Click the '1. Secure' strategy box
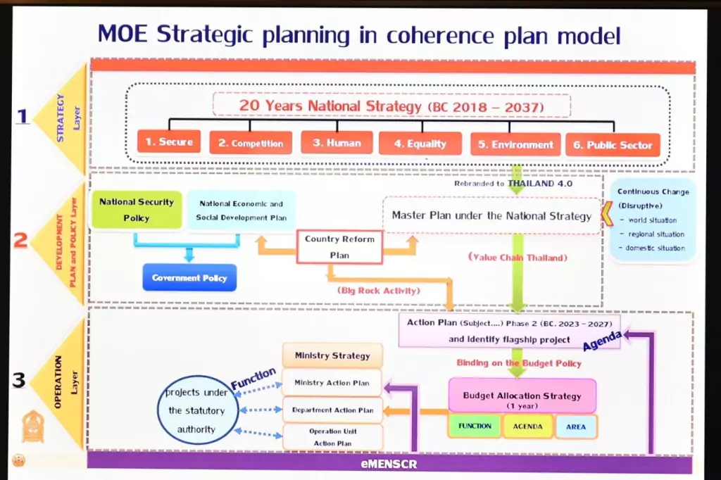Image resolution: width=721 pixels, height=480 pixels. point(169,141)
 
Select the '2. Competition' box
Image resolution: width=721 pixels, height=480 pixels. point(251,143)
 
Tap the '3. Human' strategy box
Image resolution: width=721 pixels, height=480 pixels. point(337,143)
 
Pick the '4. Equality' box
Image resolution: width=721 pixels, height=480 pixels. point(420,144)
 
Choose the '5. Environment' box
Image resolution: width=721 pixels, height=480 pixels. point(515,144)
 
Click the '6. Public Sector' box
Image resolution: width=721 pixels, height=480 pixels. point(613,145)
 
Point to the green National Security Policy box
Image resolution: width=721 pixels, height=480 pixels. point(137,210)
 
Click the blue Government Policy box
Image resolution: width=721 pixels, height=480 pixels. point(189,278)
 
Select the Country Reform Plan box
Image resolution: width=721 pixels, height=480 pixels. point(339,247)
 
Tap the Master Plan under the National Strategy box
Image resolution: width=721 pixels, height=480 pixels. point(491,215)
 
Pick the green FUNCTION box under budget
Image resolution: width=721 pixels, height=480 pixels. point(475,427)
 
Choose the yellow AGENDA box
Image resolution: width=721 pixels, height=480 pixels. point(527,427)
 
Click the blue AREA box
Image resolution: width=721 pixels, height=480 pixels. point(576,427)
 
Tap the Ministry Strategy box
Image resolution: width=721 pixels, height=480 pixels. point(332,355)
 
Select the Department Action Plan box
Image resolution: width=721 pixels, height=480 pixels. point(332,410)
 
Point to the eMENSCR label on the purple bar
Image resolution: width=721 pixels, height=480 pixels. point(389,464)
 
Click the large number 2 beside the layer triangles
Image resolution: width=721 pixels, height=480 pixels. point(20,241)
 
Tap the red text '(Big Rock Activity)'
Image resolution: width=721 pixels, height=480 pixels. point(378,291)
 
